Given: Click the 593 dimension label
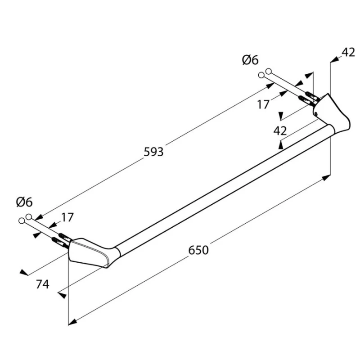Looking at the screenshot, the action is tap(153, 152).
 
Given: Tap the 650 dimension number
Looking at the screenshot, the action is tap(198, 250).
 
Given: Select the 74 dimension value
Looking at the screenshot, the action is tap(42, 284).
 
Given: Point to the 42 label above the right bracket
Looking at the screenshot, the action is tap(348, 53).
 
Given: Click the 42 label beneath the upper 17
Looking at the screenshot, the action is tap(280, 131).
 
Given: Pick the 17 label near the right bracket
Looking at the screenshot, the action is tap(263, 104).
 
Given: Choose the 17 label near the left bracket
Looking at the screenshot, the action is tap(67, 217).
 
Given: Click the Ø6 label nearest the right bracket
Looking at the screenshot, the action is tap(250, 60).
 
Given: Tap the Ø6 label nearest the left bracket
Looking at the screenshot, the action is tap(24, 202).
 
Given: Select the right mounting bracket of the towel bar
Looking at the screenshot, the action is tap(331, 114).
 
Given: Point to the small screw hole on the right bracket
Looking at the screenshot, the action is tap(316, 113).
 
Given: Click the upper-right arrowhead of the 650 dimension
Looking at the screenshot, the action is tap(327, 178).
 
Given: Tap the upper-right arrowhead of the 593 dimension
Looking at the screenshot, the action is tap(270, 85).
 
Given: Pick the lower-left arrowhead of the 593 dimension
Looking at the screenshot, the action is tap(39, 217).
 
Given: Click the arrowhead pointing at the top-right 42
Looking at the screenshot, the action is tap(335, 59).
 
